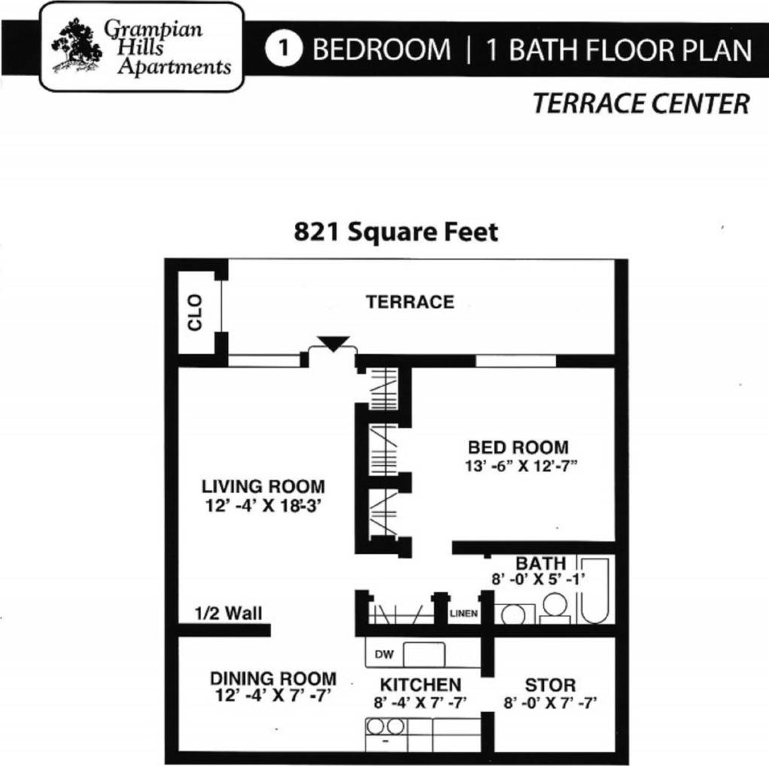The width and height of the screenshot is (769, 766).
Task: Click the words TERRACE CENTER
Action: (x=641, y=104)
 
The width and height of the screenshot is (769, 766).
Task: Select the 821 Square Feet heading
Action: (x=396, y=232)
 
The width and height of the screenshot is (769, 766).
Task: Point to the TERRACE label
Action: (x=410, y=302)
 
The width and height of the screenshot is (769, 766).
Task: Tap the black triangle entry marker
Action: (x=333, y=344)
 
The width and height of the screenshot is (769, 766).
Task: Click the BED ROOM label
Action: (x=518, y=448)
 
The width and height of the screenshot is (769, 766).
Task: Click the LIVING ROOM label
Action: (x=263, y=486)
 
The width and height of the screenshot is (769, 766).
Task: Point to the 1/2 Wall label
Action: (x=229, y=613)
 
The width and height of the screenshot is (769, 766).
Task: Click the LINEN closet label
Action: (x=464, y=613)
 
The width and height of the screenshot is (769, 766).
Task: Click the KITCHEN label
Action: (x=421, y=685)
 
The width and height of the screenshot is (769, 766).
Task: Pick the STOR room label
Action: (x=550, y=685)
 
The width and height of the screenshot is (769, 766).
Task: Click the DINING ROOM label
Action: (x=272, y=679)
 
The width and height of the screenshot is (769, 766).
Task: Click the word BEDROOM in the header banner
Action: (x=381, y=50)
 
